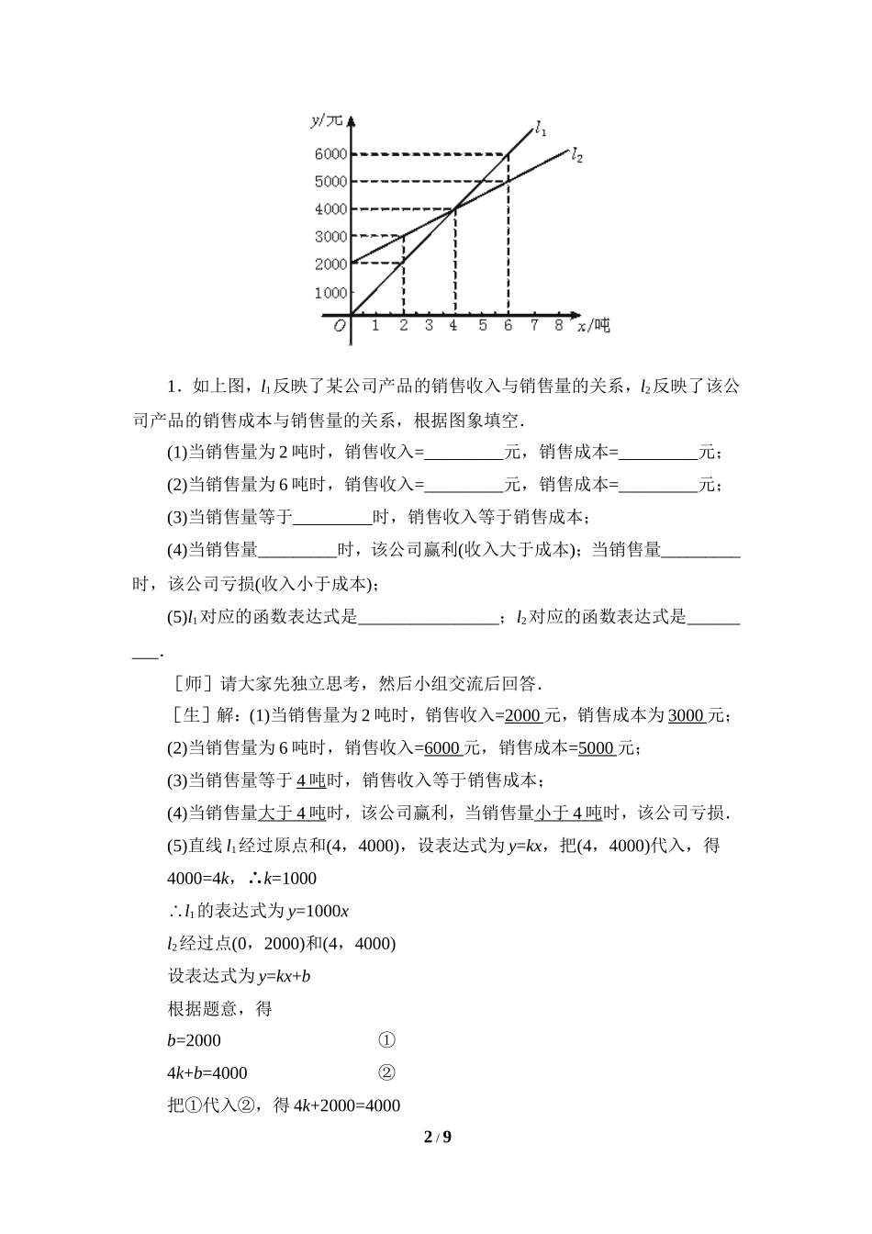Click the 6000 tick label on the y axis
tap(330, 154)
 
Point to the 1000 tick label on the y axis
tap(330, 293)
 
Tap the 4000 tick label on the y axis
tap(330, 209)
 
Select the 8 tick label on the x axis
tap(559, 324)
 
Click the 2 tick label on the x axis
tap(403, 324)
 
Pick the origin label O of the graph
tap(340, 326)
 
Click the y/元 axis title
tap(326, 119)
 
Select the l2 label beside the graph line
tap(576, 155)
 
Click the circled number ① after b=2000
tap(386, 1040)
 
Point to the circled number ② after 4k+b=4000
tap(386, 1072)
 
